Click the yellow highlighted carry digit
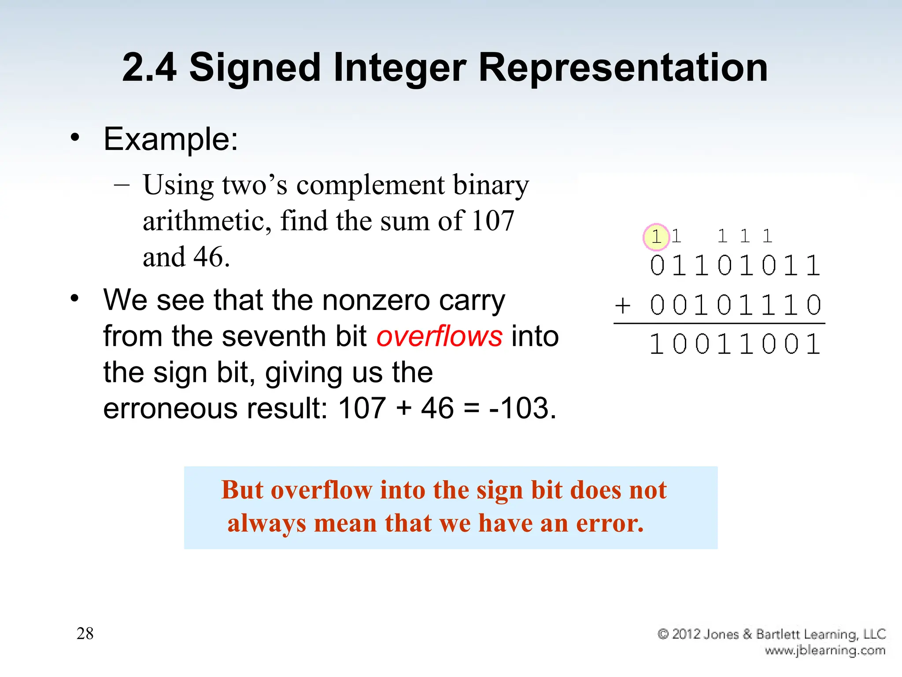[656, 237]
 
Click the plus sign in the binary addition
[623, 305]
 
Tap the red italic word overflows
[439, 336]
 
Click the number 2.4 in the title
[149, 67]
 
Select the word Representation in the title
[623, 67]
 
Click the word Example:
[171, 139]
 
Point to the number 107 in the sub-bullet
[492, 220]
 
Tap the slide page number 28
[85, 633]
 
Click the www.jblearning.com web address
[825, 650]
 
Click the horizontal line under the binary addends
[719, 324]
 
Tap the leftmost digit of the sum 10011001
[656, 344]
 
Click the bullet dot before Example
[75, 138]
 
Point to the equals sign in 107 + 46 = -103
[471, 409]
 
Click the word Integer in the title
[399, 67]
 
